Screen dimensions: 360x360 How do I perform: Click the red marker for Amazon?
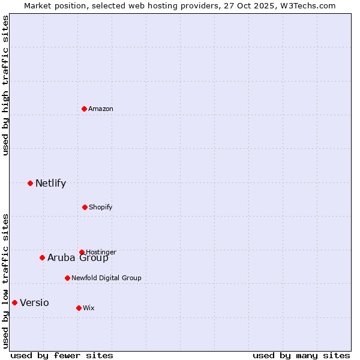[85, 109]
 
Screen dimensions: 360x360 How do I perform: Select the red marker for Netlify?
[30, 183]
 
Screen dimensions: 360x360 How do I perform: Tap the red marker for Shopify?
[85, 207]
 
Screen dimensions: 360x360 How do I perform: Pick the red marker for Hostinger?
[82, 252]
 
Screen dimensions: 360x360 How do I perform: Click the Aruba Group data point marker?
[42, 257]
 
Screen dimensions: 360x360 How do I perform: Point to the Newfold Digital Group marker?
[67, 278]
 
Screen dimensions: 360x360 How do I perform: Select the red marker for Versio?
[14, 302]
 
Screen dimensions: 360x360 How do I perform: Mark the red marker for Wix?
[79, 308]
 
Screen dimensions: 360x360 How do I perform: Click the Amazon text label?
[101, 109]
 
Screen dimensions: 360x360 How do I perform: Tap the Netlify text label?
[50, 184]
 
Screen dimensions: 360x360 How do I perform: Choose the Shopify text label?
[101, 207]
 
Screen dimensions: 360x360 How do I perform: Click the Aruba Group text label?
[78, 258]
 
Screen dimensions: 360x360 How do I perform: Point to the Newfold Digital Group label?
[106, 278]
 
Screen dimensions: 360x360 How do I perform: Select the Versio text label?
[34, 303]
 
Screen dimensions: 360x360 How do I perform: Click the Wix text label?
[89, 308]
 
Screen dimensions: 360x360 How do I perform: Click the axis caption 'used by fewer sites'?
[62, 355]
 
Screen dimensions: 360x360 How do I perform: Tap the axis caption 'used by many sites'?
[301, 355]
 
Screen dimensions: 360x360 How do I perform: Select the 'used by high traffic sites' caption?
[5, 85]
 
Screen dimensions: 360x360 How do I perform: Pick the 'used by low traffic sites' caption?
[5, 280]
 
